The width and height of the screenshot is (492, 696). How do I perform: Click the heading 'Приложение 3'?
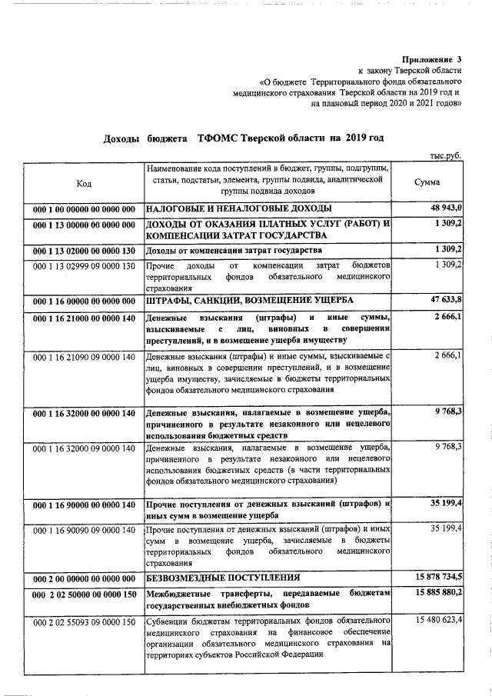pos(433,58)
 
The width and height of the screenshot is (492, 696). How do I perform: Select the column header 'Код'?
pos(84,183)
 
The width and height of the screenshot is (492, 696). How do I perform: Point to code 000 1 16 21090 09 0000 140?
pos(84,357)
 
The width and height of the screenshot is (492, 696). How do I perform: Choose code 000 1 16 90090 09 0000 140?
pos(84,531)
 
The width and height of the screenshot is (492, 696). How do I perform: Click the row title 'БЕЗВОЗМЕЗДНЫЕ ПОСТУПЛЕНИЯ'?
pos(223,578)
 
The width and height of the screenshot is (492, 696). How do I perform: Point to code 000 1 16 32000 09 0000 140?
pos(84,447)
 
